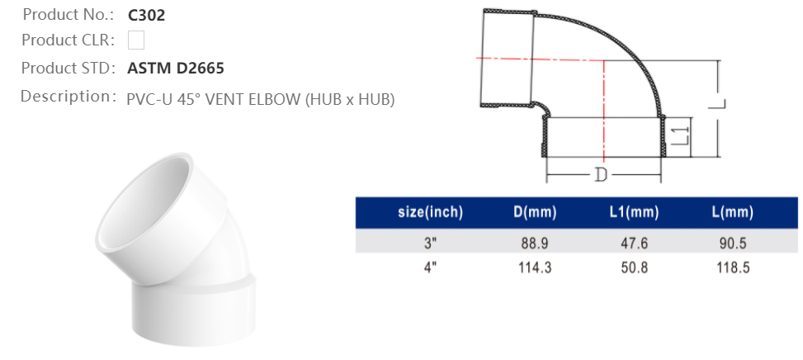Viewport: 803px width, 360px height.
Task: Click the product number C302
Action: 147,15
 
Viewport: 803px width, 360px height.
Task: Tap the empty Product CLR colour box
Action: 137,40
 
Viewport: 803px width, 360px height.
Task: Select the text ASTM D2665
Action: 176,68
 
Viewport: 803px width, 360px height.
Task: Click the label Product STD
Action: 68,68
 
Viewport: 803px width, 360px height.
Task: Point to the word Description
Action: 66,97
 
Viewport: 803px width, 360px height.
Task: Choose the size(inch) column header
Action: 430,213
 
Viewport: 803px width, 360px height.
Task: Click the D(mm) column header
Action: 535,213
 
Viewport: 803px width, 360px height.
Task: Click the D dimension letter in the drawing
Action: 602,175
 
